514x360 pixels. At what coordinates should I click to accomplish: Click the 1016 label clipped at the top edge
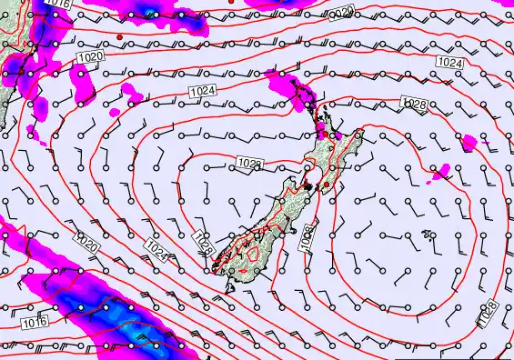pos(58,5)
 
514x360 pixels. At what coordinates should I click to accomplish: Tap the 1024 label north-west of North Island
pos(202,92)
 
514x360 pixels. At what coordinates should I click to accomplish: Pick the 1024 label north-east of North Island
pos(449,62)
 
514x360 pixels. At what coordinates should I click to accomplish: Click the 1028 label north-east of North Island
pos(413,106)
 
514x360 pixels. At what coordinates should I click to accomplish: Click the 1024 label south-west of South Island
pos(156,247)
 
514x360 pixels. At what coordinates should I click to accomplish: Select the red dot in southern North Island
pos(326,185)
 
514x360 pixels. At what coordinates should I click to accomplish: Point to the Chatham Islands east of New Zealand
pos(428,238)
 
